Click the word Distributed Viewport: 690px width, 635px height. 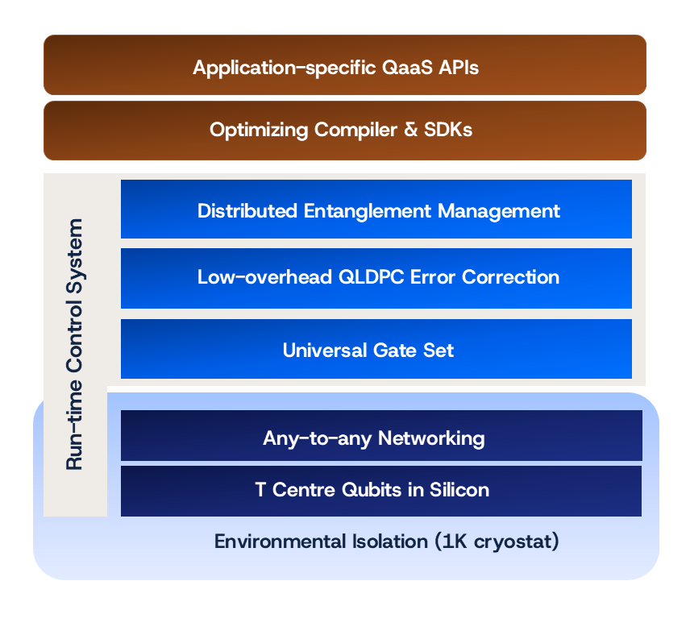(247, 211)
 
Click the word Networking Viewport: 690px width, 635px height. (432, 438)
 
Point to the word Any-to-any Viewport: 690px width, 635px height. (318, 438)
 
